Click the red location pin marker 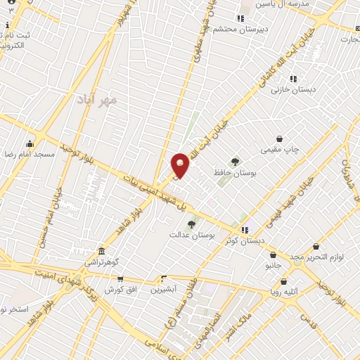181,165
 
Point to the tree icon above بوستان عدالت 191,224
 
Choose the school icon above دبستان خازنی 293,79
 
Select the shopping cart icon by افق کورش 120,279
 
